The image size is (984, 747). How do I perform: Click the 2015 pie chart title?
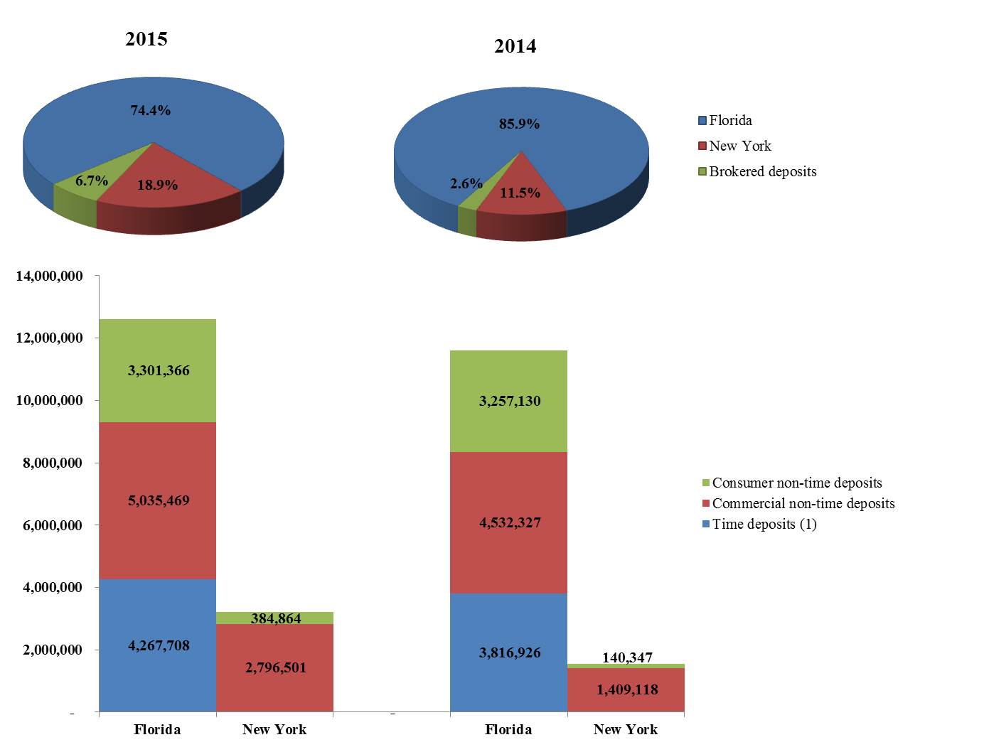tap(146, 39)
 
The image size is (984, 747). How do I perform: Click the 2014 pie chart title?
tap(515, 47)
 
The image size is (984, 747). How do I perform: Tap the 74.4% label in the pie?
tap(150, 110)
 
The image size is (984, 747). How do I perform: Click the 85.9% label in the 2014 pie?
tap(519, 124)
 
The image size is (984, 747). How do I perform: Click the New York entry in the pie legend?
tap(739, 146)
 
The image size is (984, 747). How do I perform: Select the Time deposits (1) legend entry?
tap(764, 525)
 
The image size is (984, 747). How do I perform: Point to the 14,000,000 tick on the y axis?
tap(49, 276)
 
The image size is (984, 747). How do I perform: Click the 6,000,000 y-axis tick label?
tap(49, 525)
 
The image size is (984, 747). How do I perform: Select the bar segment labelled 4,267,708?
tap(158, 645)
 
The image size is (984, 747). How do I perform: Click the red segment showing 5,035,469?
tap(158, 500)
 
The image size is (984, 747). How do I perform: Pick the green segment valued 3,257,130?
tap(509, 401)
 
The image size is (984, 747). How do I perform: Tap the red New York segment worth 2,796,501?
tap(275, 668)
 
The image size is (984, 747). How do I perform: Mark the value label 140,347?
tap(627, 657)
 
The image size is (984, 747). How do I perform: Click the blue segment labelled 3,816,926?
tap(509, 652)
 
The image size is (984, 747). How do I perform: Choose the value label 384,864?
tap(275, 618)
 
